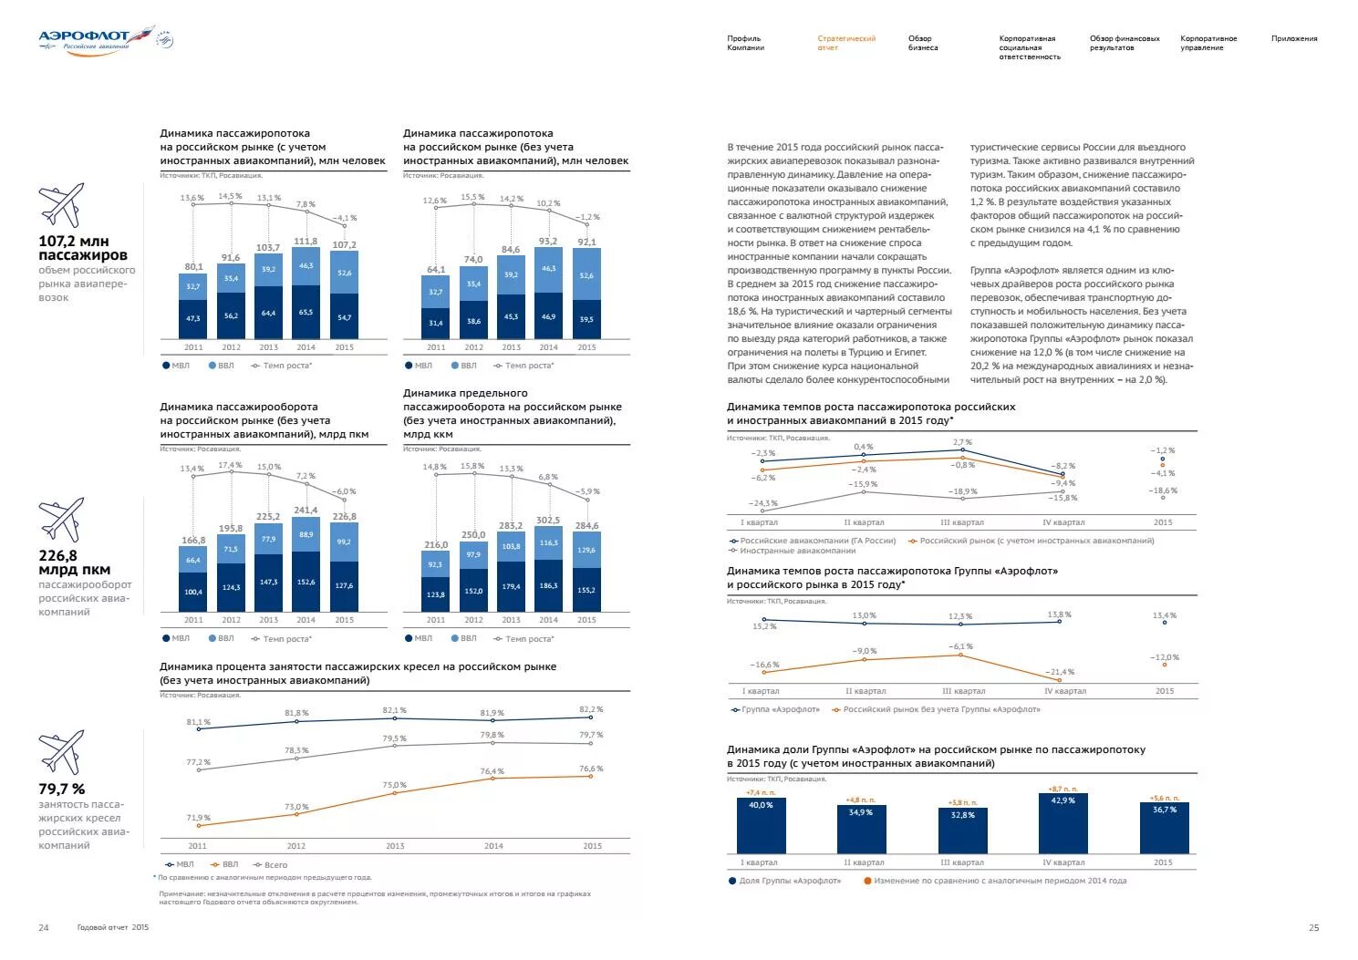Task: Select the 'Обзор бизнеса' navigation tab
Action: (x=922, y=43)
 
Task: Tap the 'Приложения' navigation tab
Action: (x=1293, y=38)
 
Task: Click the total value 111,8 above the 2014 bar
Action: (x=306, y=242)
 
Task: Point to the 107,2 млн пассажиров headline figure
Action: (x=82, y=248)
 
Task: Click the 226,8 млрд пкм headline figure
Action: (x=74, y=563)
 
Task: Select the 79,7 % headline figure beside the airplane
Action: (x=62, y=790)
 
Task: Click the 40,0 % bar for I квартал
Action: (x=761, y=825)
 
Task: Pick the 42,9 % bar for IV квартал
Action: (x=1063, y=822)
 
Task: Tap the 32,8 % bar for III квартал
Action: (x=962, y=830)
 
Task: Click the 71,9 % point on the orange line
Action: (x=198, y=825)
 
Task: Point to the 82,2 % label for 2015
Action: (x=591, y=709)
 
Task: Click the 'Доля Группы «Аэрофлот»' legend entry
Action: (x=784, y=881)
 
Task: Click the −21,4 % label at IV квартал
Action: (x=1061, y=672)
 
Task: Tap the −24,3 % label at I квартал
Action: (x=762, y=503)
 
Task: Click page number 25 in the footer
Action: (x=1313, y=928)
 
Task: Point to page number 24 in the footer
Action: (x=44, y=928)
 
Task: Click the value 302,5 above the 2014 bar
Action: (x=548, y=521)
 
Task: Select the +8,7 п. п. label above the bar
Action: (x=1063, y=789)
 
